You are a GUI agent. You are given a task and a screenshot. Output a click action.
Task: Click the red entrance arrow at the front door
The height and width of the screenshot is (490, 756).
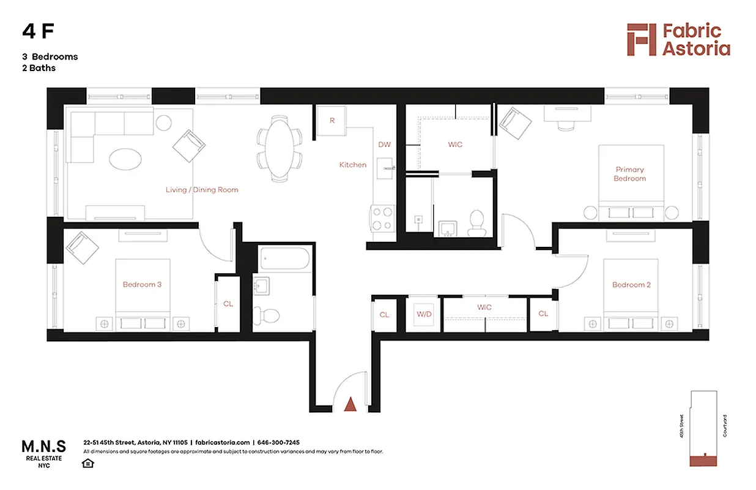coord(350,404)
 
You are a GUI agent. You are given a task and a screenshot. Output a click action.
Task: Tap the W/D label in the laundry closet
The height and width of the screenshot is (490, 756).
coord(424,314)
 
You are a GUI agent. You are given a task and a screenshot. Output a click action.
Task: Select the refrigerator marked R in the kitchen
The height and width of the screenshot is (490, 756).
coord(332,121)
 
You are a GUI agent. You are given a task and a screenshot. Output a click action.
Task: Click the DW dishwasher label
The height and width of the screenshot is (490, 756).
coord(384,145)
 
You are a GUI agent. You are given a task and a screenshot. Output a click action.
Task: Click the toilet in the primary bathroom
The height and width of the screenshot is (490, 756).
coord(476,223)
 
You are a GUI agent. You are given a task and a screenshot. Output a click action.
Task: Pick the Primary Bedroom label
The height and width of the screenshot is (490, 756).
coord(630,174)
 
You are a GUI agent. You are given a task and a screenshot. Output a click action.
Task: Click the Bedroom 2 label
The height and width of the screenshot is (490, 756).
coord(631,285)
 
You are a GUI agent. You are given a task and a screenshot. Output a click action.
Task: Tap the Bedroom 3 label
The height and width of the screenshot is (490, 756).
coord(142,285)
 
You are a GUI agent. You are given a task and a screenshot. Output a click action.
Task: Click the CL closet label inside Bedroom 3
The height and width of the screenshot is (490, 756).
coord(228,304)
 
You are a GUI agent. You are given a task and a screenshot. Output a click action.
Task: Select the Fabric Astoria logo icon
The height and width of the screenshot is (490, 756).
coord(641,40)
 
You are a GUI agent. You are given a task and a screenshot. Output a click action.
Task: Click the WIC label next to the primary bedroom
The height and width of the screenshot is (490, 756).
coord(455,145)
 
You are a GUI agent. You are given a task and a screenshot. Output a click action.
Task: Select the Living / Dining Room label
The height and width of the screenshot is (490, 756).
coord(202,190)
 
